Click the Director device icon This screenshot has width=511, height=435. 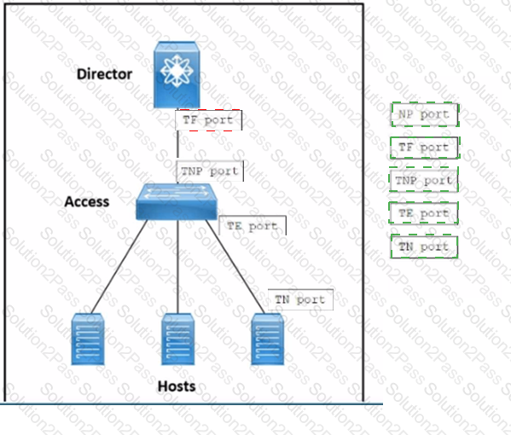(x=177, y=74)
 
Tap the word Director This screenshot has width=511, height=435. (x=105, y=74)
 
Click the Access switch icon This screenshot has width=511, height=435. (x=177, y=201)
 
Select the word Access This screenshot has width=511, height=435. (x=87, y=201)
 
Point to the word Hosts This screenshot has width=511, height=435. (x=177, y=386)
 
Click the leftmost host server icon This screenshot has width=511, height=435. (x=88, y=339)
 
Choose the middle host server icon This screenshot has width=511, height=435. (x=178, y=339)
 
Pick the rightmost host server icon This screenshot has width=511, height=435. (x=268, y=339)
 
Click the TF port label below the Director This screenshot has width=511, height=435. (x=208, y=120)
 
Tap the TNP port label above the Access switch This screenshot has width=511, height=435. (x=210, y=171)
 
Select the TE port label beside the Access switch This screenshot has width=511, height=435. (x=253, y=225)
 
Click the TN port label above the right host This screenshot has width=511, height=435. (x=300, y=299)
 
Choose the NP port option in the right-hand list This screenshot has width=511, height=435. (x=425, y=114)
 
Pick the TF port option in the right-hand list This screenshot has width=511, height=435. (x=425, y=148)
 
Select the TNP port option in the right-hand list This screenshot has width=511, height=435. (x=424, y=180)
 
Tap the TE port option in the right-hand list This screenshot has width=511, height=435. (x=424, y=213)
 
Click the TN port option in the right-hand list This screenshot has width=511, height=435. (x=424, y=246)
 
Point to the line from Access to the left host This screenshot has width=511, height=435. (x=119, y=267)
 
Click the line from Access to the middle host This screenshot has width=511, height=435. (x=178, y=267)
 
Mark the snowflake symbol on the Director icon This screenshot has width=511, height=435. (x=176, y=72)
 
